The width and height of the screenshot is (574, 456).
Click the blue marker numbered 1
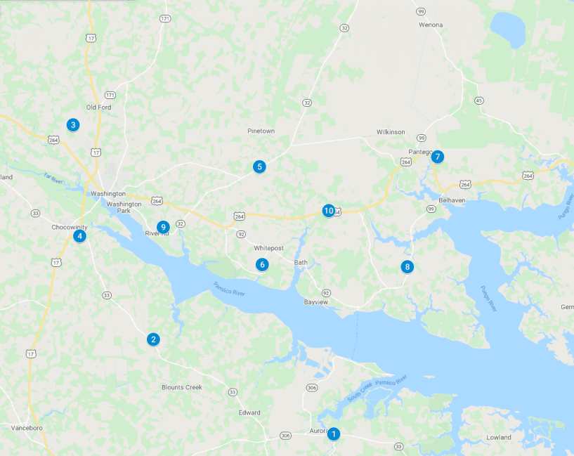(334, 434)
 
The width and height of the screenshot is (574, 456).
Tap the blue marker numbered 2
(153, 339)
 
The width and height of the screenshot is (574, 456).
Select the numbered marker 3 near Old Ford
(72, 125)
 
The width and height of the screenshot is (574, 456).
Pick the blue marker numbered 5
(260, 167)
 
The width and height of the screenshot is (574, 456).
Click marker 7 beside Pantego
(438, 157)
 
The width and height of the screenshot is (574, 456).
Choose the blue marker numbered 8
(407, 267)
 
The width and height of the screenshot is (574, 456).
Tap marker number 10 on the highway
(328, 211)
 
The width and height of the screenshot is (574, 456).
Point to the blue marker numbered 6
(262, 265)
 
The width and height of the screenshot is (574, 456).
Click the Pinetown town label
(261, 131)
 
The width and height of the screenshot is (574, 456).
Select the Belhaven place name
(452, 200)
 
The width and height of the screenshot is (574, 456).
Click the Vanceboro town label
(28, 427)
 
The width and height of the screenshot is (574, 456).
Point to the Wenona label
(431, 25)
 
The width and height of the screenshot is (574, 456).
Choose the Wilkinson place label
(391, 132)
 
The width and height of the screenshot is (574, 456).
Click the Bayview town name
(315, 302)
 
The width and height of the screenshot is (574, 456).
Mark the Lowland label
(499, 437)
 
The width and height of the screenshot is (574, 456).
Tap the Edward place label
(249, 412)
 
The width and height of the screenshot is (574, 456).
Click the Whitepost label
(268, 248)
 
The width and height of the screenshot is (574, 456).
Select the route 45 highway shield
(479, 100)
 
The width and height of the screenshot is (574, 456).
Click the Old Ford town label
(98, 108)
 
